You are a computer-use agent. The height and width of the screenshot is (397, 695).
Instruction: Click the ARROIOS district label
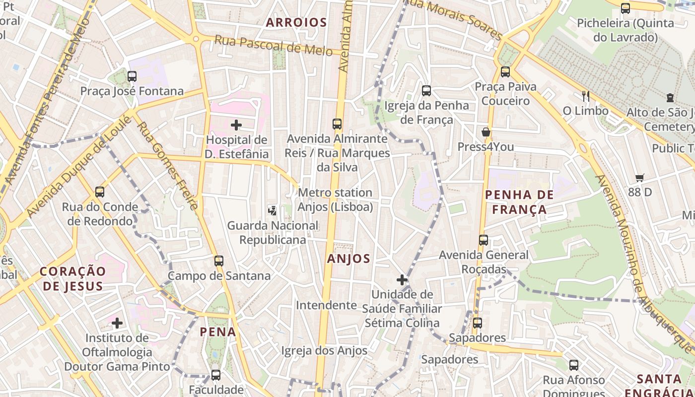point(296,22)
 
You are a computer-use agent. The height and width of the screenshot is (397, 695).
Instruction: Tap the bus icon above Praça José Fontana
point(132,76)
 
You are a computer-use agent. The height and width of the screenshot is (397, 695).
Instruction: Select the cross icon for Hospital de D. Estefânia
point(236,125)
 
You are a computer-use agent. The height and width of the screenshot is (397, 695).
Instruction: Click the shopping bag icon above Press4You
point(486,132)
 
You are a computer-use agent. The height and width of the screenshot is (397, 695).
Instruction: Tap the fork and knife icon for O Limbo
point(586,96)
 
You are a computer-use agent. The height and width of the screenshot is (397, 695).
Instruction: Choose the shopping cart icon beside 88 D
point(640,178)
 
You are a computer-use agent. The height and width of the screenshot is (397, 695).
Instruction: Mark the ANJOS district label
point(348,259)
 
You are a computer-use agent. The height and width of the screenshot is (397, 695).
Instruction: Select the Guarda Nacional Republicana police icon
point(272,210)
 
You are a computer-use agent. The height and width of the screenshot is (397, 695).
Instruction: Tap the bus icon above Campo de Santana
point(219,261)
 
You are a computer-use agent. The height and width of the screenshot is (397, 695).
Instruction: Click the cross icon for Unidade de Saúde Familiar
point(402,280)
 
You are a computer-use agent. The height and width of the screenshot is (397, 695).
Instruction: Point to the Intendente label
point(326,305)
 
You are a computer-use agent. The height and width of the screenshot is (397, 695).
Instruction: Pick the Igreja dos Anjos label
point(324,351)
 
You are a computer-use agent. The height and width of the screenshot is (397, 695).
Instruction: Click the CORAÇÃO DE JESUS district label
point(73,278)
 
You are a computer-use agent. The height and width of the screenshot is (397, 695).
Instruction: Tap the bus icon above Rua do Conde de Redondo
point(100,192)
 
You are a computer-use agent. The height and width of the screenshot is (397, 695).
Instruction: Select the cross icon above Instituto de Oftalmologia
point(117,324)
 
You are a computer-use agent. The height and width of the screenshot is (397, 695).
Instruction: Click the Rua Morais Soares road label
point(454,19)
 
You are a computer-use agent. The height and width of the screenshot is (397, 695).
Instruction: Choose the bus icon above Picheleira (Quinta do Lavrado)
point(625,8)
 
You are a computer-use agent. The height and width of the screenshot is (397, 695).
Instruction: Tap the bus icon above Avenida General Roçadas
point(484,240)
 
